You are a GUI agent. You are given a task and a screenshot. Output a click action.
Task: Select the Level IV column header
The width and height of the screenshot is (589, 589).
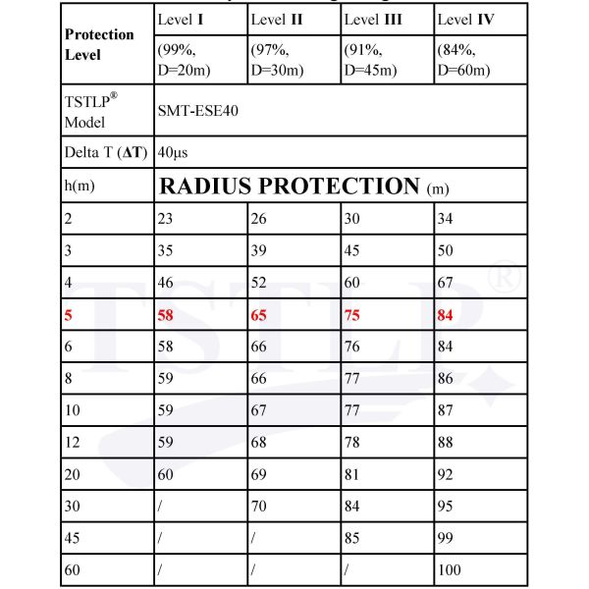[468, 19]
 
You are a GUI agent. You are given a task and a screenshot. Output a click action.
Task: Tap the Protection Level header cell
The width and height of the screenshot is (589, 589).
[99, 43]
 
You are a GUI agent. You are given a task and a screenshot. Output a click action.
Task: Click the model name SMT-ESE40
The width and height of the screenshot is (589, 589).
[197, 111]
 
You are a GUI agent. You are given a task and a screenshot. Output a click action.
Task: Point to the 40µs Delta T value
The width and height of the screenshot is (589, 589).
[173, 153]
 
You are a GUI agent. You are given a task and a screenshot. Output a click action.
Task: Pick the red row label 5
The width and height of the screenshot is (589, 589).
[69, 316]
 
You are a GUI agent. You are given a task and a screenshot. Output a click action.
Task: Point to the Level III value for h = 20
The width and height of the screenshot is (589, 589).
[352, 474]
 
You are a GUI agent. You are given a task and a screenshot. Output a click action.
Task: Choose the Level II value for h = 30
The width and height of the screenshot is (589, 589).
[259, 507]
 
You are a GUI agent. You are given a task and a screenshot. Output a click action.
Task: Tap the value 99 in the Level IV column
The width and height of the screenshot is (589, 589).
[447, 538]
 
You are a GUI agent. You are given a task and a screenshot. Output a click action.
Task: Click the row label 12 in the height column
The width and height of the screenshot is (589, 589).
[73, 442]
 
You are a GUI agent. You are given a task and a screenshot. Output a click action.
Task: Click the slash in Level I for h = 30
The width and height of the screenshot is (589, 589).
[160, 507]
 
